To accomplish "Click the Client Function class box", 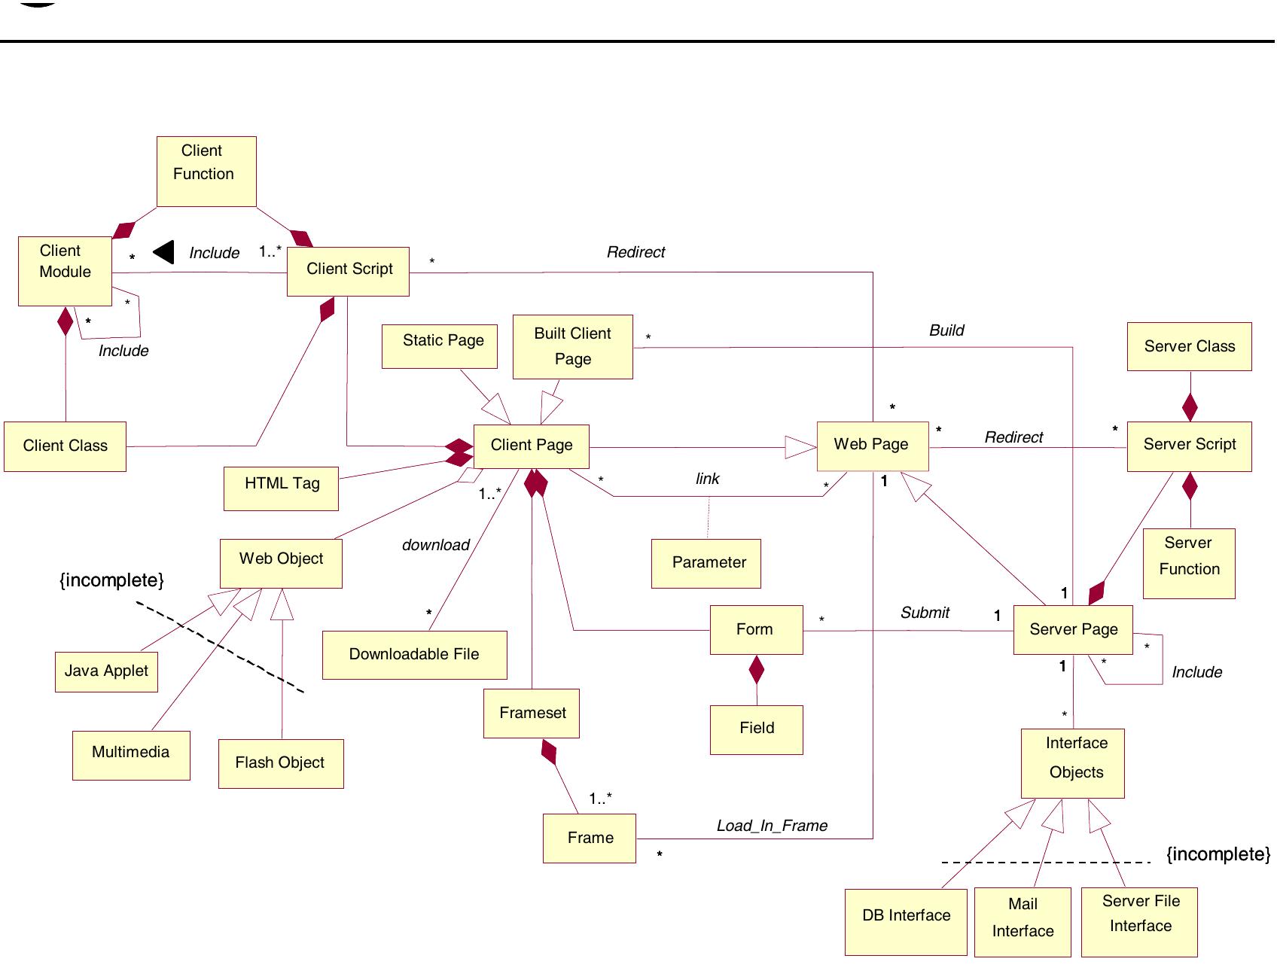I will click(x=206, y=172).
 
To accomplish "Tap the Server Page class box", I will click(x=1073, y=630).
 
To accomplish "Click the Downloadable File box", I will click(x=414, y=655).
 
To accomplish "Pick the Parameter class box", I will click(x=706, y=563).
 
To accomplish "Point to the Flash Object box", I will click(x=280, y=763).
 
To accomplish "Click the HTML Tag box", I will click(x=281, y=488).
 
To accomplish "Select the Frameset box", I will click(x=531, y=714).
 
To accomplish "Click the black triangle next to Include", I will click(x=164, y=252).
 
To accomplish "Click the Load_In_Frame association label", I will click(x=772, y=826).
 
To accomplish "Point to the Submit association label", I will click(x=925, y=613).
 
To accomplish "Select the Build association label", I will click(x=946, y=330).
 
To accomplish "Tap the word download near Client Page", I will click(x=435, y=545).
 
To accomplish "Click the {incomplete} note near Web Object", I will click(x=111, y=580).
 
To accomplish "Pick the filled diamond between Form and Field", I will click(x=756, y=669).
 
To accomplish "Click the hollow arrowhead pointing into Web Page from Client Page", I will click(x=800, y=447).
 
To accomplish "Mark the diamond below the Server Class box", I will click(x=1190, y=407).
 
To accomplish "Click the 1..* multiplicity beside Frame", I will click(x=600, y=798).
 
